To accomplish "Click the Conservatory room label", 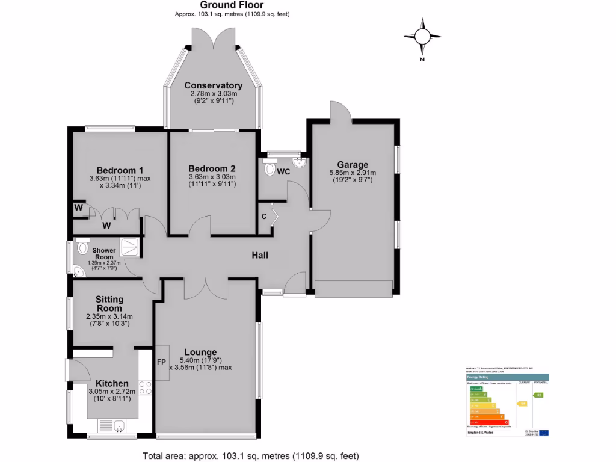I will point(213,85).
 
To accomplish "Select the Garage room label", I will point(352,164).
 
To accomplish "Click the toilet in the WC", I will point(269,169).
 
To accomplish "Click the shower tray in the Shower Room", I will point(129,246).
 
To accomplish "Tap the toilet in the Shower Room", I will point(83,247).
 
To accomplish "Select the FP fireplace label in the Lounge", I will point(161,362).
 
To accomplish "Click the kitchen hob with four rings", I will point(145,389).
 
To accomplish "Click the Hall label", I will point(260,256).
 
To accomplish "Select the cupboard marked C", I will point(263,217).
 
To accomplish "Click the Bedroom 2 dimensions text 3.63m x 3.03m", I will point(212,177).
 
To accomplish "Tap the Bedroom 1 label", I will point(119,169).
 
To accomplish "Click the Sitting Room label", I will point(109,304).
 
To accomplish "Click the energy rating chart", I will point(508,401).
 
